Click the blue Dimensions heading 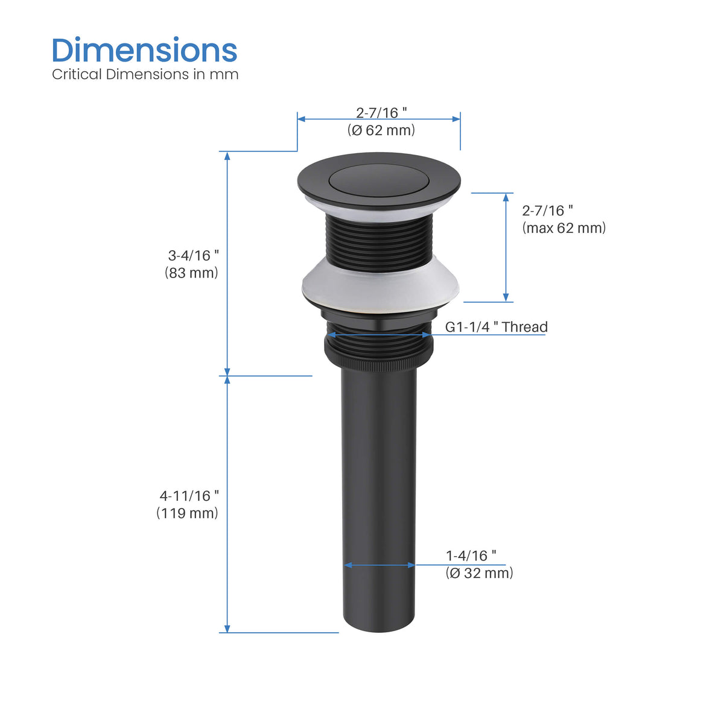(145, 49)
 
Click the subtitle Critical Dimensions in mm (145, 74)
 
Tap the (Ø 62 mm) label (381, 130)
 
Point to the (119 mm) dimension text (187, 513)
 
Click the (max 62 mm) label (564, 227)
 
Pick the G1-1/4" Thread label (497, 327)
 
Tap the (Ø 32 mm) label (479, 573)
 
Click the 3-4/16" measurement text (193, 255)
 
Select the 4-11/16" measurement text (189, 496)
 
